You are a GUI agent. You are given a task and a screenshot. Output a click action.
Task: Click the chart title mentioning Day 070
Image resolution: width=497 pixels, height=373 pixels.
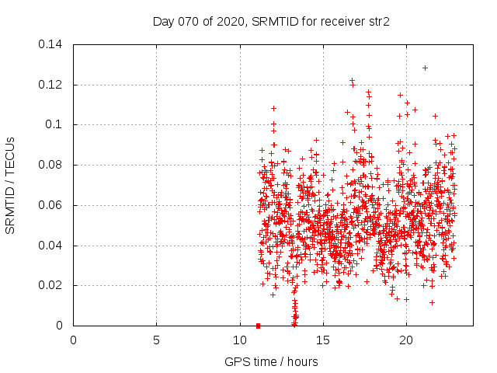(270, 22)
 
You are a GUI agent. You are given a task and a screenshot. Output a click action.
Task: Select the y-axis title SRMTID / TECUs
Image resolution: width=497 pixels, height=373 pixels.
(10, 185)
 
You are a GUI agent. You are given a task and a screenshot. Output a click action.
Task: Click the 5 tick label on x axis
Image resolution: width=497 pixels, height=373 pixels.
(156, 340)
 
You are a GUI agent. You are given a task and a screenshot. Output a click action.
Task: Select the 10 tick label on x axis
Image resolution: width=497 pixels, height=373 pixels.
(239, 340)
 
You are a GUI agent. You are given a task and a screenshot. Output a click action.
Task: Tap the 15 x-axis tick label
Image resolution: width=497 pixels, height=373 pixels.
(322, 340)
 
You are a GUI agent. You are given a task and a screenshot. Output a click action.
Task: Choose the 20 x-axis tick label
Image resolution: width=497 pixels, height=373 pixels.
(405, 340)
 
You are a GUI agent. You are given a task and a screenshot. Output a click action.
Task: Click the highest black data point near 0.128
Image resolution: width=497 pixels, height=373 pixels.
(425, 68)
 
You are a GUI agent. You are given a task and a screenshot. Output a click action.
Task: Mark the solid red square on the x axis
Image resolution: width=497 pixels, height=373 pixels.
(258, 326)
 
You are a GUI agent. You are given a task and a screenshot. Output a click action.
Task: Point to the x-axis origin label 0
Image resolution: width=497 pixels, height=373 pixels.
(73, 340)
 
